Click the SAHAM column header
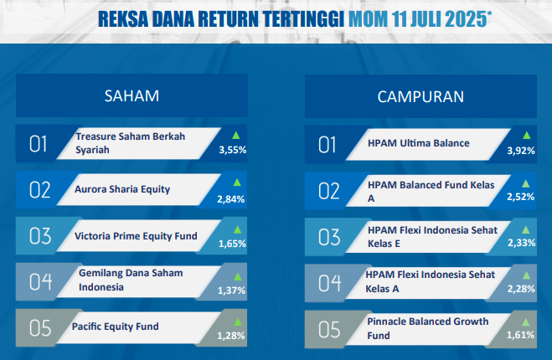tap(132, 95)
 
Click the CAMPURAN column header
tap(420, 97)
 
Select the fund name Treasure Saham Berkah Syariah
tap(131, 143)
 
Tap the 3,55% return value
tap(233, 150)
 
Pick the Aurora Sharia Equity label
tap(122, 189)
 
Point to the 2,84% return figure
tap(231, 199)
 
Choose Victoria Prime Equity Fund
tap(136, 236)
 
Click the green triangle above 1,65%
tap(238, 229)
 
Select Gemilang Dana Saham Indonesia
tap(131, 280)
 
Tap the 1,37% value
tap(232, 291)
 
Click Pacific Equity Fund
tap(115, 327)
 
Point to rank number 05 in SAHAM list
tap(40, 328)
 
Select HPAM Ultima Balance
tap(419, 143)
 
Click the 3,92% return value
tap(521, 151)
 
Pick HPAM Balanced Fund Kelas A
tap(431, 192)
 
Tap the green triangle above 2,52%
tap(525, 183)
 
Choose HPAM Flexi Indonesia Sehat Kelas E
tap(432, 236)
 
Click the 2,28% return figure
tap(521, 289)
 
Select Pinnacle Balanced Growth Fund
tap(428, 328)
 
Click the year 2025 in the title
tap(466, 19)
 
